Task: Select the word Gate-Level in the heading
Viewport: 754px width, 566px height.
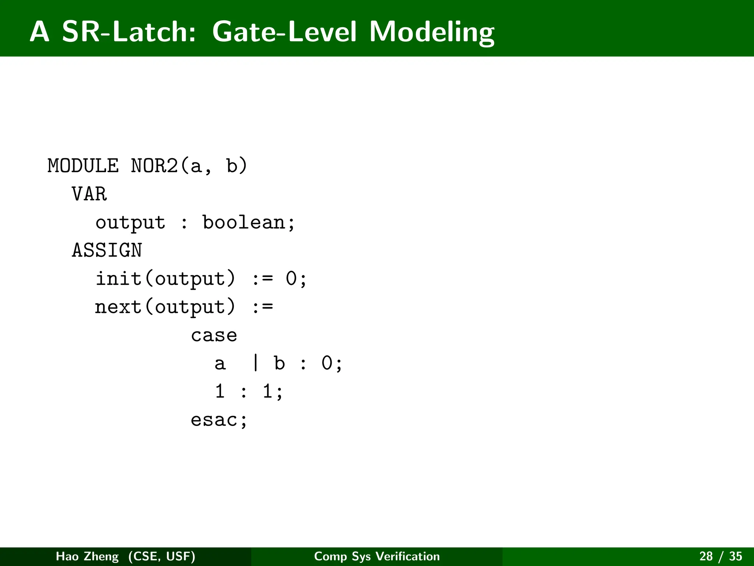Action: pyautogui.click(x=284, y=32)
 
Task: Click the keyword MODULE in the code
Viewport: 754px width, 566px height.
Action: pyautogui.click(x=83, y=166)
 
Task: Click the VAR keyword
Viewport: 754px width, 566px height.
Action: pyautogui.click(x=89, y=194)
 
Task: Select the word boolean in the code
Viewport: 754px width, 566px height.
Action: pyautogui.click(x=244, y=223)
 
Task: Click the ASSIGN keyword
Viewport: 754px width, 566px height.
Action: pyautogui.click(x=107, y=251)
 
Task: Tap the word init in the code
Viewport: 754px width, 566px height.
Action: pyautogui.click(x=119, y=279)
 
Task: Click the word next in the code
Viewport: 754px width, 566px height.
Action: pyautogui.click(x=118, y=307)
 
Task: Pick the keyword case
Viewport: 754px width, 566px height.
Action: pyautogui.click(x=214, y=335)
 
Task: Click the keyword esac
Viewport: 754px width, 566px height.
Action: pyautogui.click(x=214, y=420)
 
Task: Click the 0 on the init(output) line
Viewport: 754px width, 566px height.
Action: pyautogui.click(x=291, y=279)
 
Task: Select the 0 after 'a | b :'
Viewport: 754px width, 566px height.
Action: pyautogui.click(x=327, y=363)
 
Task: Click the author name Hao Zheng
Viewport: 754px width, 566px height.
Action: pyautogui.click(x=87, y=556)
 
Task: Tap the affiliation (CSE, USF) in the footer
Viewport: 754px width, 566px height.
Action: pyautogui.click(x=162, y=556)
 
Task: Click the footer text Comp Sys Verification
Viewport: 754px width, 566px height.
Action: pyautogui.click(x=377, y=556)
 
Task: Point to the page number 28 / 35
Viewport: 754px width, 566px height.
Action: pyautogui.click(x=720, y=556)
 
